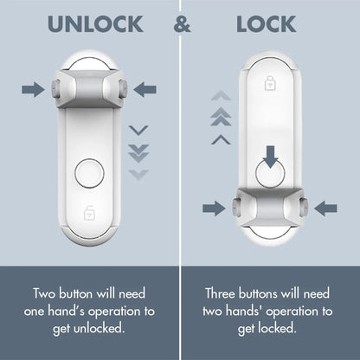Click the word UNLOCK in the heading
pos(95,24)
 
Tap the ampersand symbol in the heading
pos(182,24)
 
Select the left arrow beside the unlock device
pos(33,87)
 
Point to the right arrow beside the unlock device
pos(145,87)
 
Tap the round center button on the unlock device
pos(89,173)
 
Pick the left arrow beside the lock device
pos(213,208)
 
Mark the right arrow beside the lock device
pos(326,208)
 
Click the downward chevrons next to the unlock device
pos(138,151)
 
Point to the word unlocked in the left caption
pos(104,328)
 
